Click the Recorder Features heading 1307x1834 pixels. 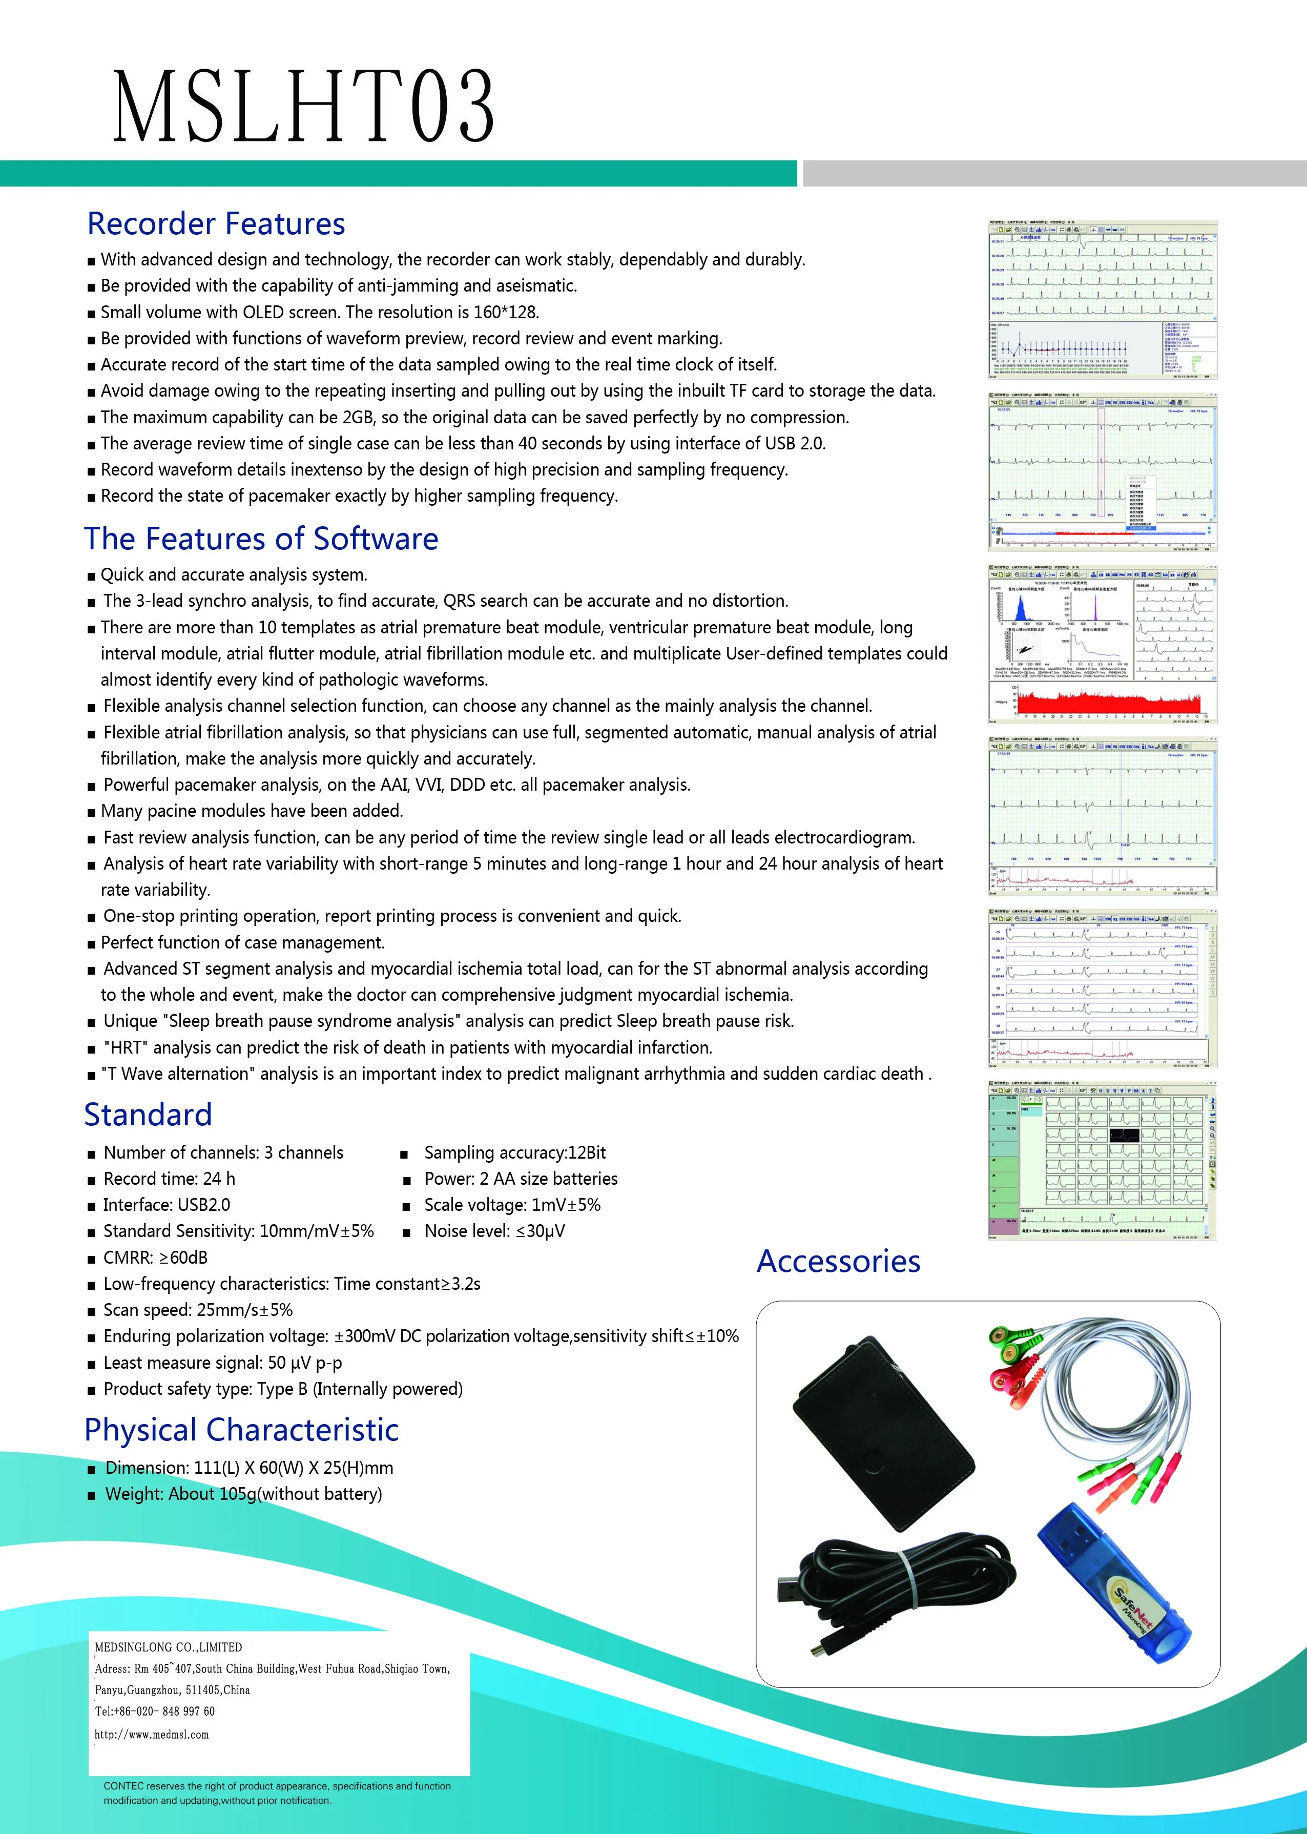click(x=216, y=224)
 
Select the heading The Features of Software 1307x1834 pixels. click(x=261, y=539)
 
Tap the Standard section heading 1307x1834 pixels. click(x=148, y=1115)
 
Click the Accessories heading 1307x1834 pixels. click(x=838, y=1261)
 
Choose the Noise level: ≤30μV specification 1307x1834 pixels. click(x=494, y=1231)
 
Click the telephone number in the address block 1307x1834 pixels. click(x=155, y=1711)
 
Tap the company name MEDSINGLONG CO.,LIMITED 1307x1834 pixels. click(x=168, y=1647)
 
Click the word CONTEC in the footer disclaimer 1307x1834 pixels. click(x=123, y=1786)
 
